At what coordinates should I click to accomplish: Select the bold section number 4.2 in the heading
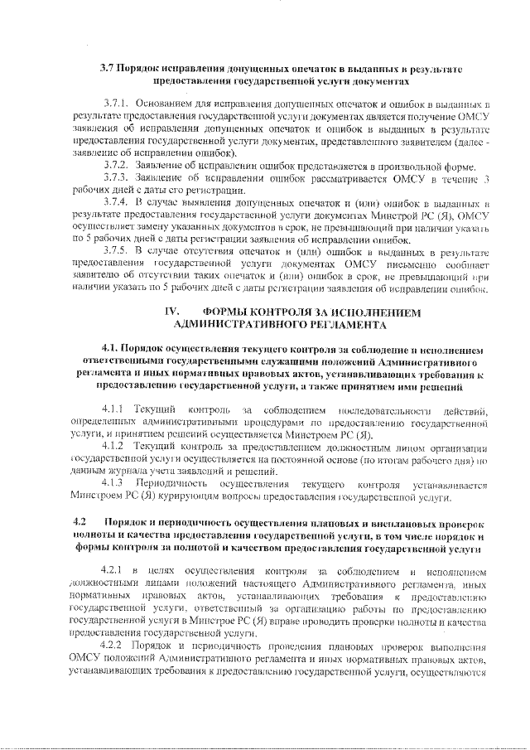80,524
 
